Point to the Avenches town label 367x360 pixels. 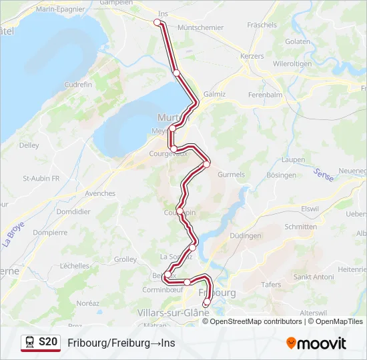click(x=101, y=193)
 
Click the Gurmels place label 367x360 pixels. click(x=231, y=175)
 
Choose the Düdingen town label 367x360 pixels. click(x=245, y=236)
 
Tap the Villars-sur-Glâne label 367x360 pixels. click(x=173, y=312)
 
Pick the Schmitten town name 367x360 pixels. click(x=300, y=227)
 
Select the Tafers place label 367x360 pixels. click(x=272, y=284)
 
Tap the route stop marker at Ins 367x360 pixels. click(x=158, y=22)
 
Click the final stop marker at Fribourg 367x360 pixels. click(x=206, y=305)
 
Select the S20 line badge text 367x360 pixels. click(x=47, y=342)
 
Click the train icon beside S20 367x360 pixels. click(x=29, y=342)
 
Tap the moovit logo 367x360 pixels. click(x=316, y=343)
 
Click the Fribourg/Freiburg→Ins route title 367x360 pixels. click(x=121, y=343)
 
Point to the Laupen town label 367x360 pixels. click(x=293, y=160)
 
